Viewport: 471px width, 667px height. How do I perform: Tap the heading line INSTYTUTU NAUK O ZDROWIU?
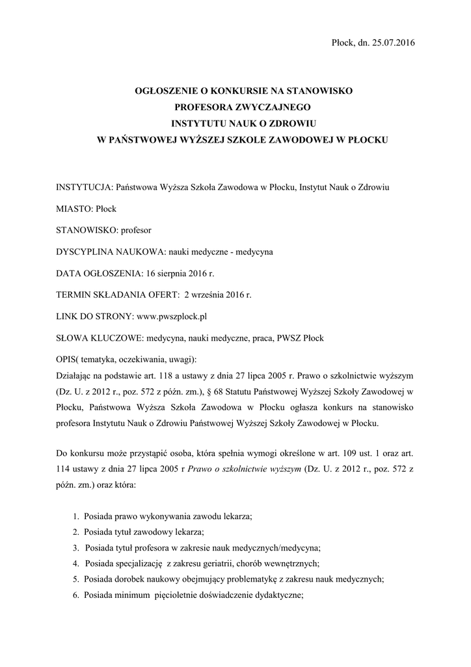[241, 124]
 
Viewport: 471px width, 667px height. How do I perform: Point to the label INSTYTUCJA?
[84, 187]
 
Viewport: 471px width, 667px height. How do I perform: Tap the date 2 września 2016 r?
[218, 294]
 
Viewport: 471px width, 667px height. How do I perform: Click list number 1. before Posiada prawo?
[77, 516]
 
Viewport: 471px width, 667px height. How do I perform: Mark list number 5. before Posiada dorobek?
[77, 578]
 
